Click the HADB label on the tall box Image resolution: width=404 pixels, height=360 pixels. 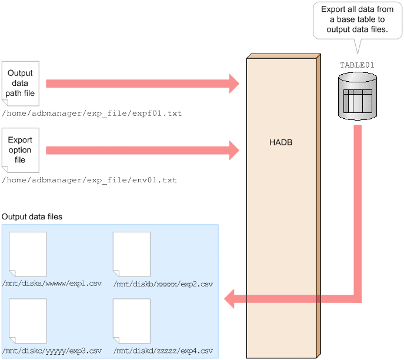point(280,143)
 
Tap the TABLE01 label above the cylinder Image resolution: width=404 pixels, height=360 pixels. point(357,65)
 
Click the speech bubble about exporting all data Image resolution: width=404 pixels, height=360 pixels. point(357,19)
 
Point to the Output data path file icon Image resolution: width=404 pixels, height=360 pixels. point(21,84)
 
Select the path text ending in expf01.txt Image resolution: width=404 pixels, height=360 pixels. point(92,113)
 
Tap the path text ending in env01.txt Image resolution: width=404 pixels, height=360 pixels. point(89,180)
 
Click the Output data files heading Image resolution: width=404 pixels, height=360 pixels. point(32,217)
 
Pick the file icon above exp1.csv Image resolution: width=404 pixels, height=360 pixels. point(28,254)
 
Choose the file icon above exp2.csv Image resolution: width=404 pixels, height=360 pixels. point(131,254)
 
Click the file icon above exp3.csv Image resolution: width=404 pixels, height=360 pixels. point(28,321)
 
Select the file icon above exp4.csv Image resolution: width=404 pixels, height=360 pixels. point(131,321)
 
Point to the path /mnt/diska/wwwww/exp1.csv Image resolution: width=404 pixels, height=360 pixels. point(52,284)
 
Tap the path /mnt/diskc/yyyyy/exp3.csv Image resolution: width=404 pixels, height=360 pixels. point(52,351)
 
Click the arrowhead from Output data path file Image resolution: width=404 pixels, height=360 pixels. point(233,84)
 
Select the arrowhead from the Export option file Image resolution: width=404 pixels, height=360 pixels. point(233,151)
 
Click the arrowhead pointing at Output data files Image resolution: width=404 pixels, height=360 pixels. point(231,299)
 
